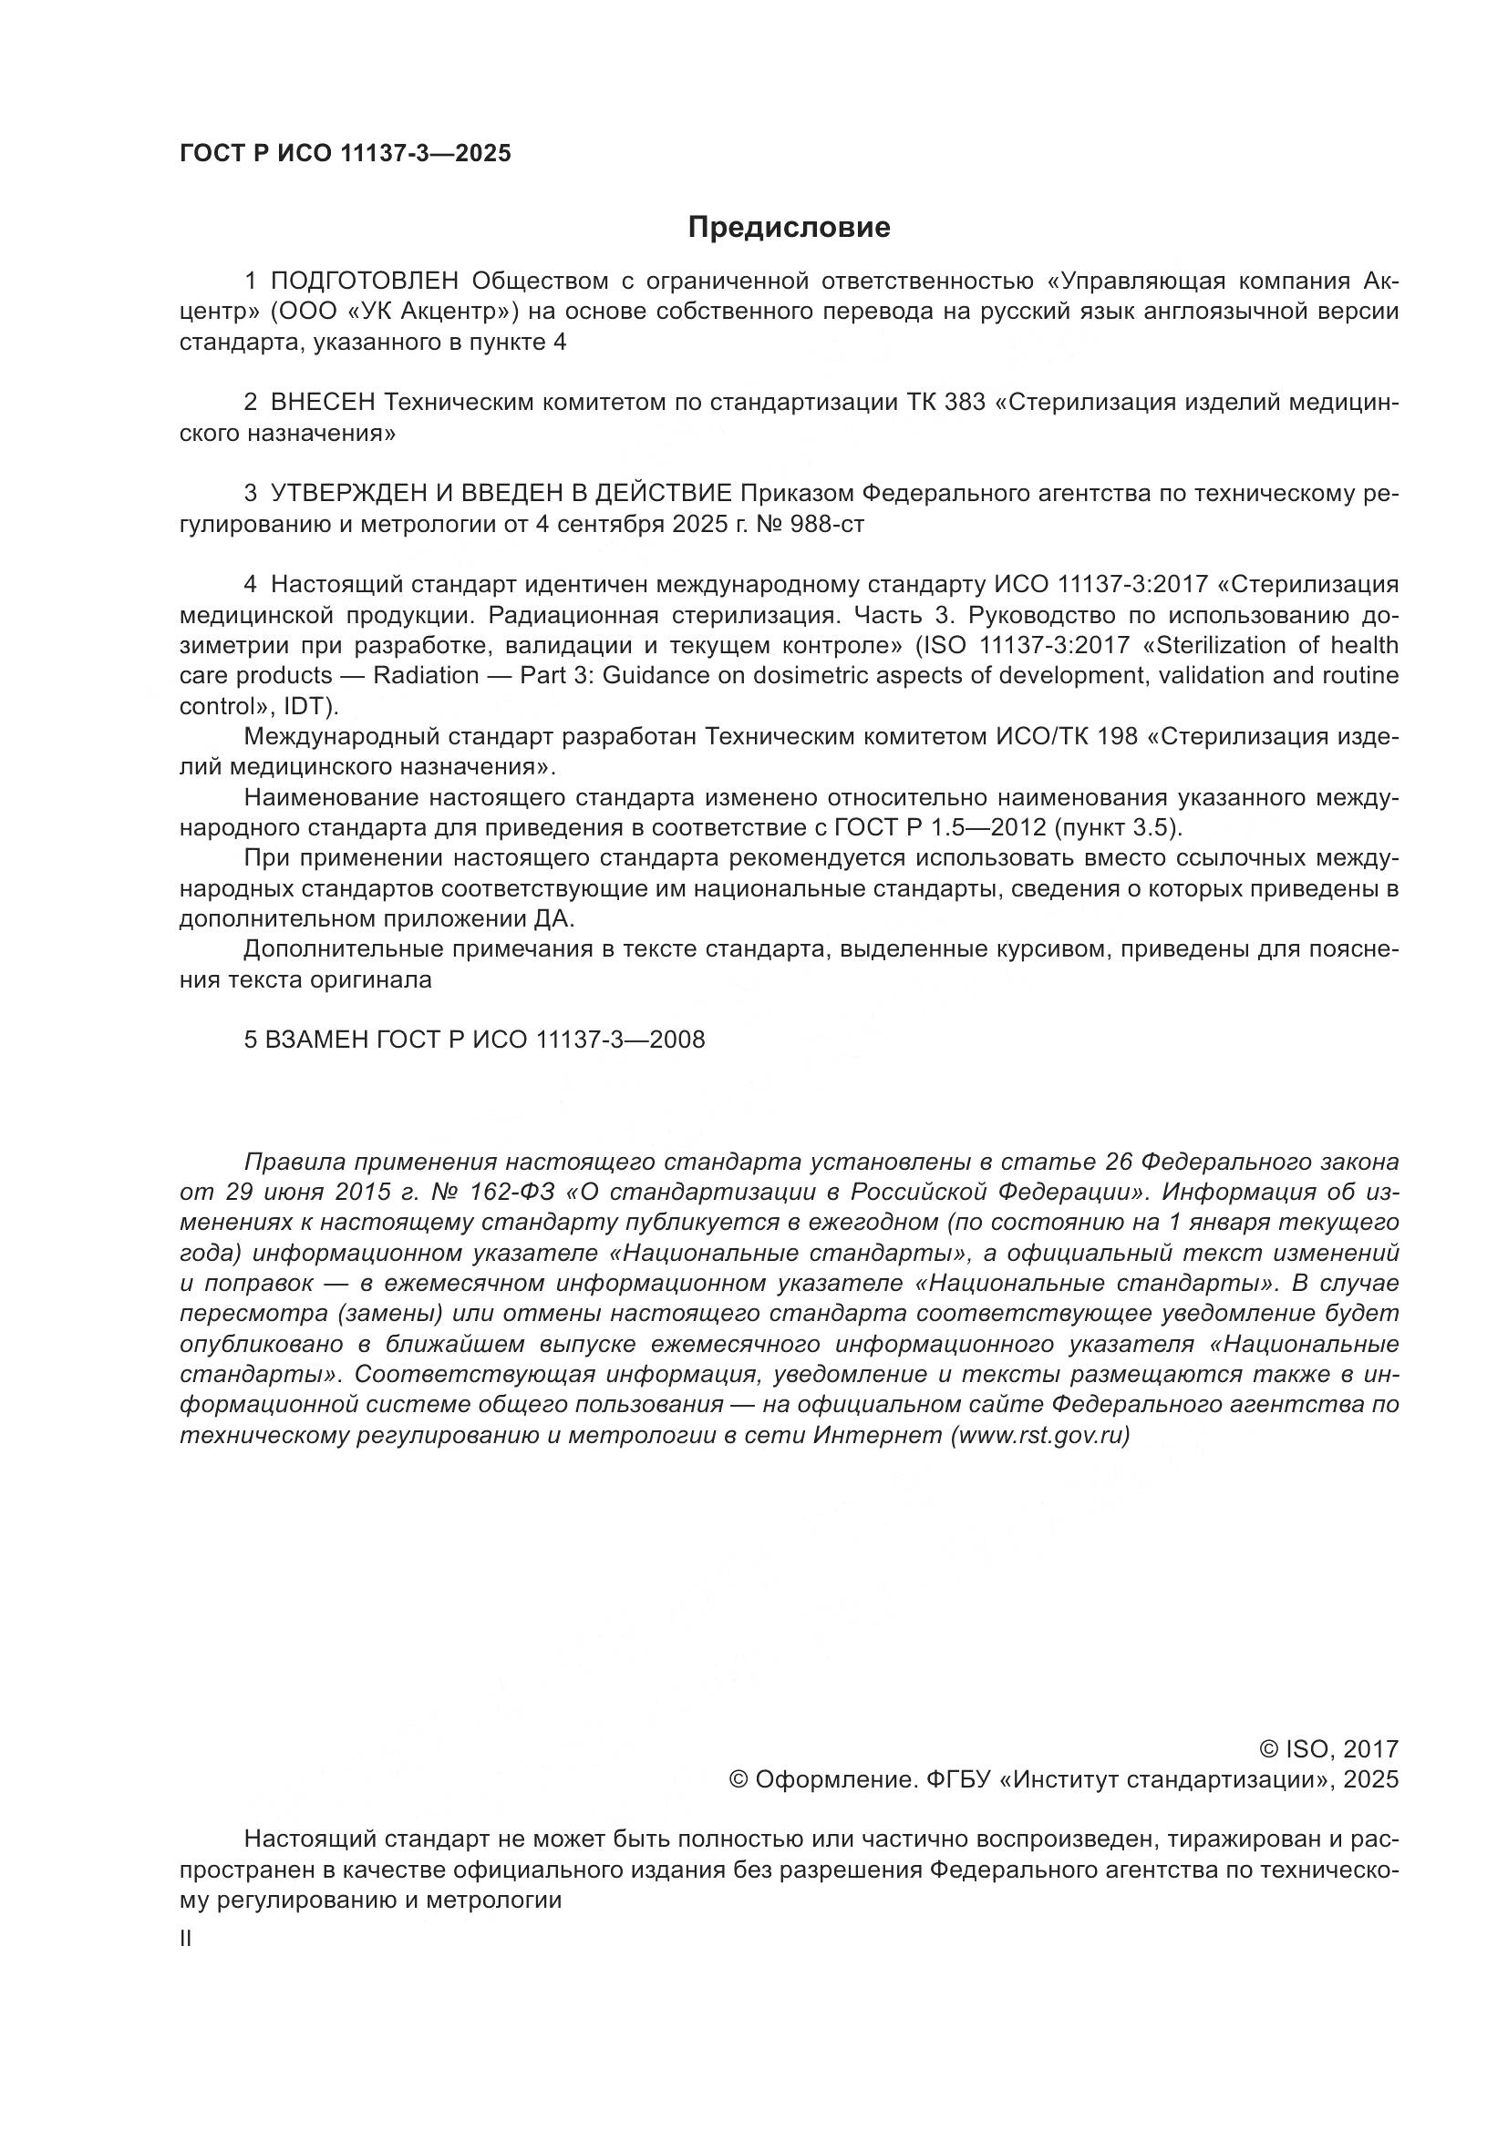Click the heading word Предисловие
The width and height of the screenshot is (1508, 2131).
(789, 228)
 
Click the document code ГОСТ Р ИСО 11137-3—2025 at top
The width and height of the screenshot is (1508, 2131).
(346, 153)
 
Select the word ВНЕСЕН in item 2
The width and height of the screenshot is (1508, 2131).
(323, 403)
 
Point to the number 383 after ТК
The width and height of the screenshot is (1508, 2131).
(963, 403)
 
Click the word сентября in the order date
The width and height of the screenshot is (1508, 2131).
(608, 525)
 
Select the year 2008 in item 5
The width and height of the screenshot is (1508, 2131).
(677, 1040)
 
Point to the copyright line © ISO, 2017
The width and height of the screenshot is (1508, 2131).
(1327, 1749)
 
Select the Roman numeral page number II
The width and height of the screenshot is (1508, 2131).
(186, 1939)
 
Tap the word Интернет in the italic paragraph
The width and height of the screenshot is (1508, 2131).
(876, 1435)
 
